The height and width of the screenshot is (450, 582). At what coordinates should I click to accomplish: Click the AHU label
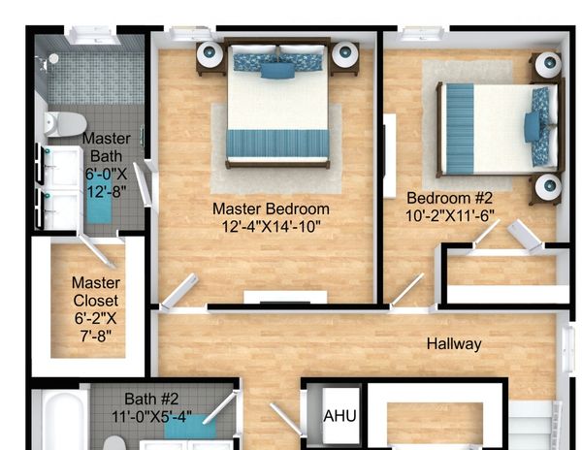click(339, 416)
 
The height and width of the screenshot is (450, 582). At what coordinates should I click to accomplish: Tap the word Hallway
click(454, 344)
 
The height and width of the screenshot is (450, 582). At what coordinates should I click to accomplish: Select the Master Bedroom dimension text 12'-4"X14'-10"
click(271, 226)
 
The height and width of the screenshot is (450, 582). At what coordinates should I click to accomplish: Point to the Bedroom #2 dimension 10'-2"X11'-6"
click(450, 215)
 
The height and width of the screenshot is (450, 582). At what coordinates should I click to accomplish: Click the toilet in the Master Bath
click(65, 124)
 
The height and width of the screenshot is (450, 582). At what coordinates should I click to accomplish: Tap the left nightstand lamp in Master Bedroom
click(210, 54)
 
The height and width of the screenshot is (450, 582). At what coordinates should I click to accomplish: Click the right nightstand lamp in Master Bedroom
click(344, 54)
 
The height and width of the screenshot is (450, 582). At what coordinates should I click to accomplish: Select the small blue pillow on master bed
click(277, 71)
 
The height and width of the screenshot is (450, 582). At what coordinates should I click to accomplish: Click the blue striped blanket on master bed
click(277, 144)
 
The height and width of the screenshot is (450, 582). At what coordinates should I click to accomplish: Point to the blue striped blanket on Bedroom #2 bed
click(460, 128)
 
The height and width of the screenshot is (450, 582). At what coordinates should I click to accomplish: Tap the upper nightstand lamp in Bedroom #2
click(548, 65)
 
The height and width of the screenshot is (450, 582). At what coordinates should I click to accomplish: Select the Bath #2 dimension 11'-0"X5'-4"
click(152, 417)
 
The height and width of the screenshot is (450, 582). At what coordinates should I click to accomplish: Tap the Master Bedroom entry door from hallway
click(178, 292)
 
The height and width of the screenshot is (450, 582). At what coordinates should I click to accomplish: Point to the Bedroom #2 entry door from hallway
click(407, 290)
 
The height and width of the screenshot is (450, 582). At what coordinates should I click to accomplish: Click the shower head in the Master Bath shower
click(53, 58)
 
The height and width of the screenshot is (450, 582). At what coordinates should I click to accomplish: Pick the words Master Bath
click(106, 147)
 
